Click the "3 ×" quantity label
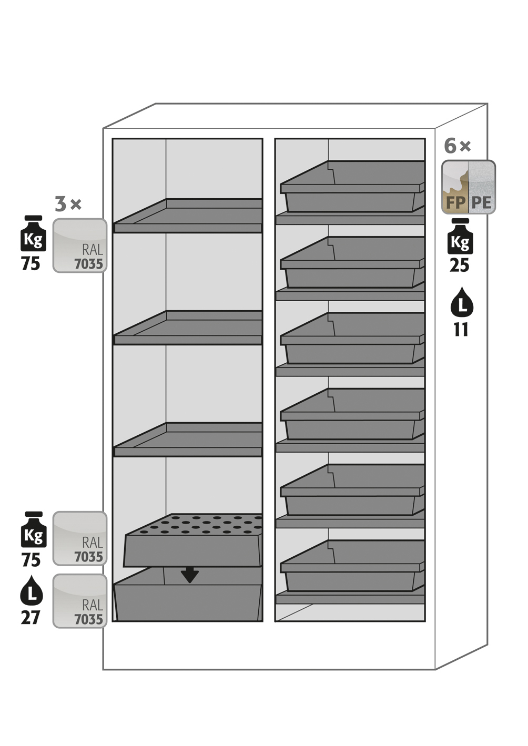click(x=68, y=204)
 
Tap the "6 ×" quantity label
click(x=457, y=146)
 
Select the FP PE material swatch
click(x=468, y=187)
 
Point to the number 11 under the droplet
click(x=461, y=330)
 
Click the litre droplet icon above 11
click(x=461, y=303)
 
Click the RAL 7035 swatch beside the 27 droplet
click(x=80, y=601)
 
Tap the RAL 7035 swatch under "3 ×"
click(x=80, y=246)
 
